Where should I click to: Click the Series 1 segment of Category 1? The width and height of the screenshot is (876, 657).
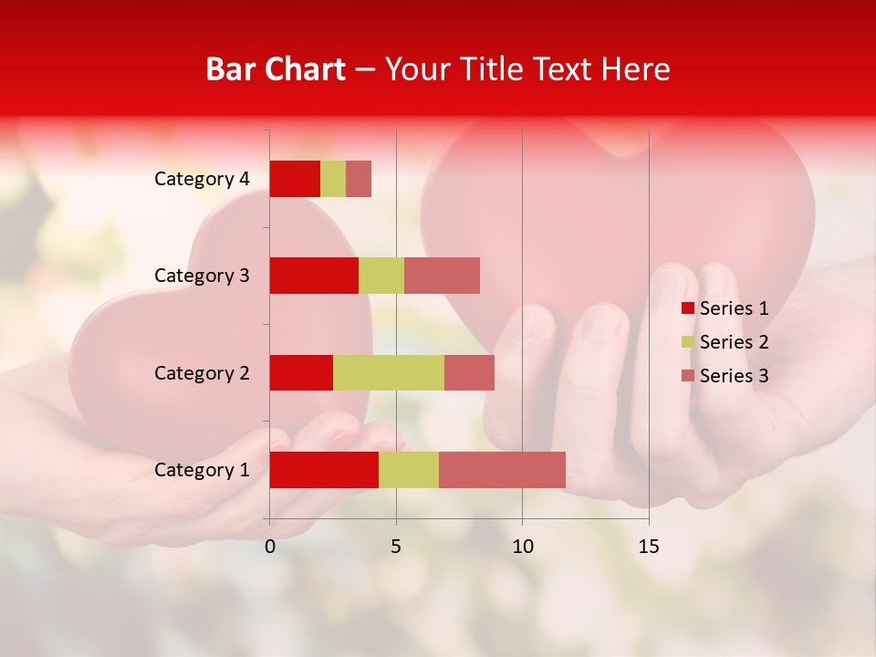pos(324,470)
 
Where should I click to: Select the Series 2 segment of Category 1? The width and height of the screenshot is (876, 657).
pos(409,470)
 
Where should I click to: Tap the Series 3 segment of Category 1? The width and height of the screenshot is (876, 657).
pos(502,470)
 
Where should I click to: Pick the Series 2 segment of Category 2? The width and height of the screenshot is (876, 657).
pos(389,372)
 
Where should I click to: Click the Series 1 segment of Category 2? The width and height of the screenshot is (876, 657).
pos(301,372)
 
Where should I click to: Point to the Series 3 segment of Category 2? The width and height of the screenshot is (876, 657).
pos(469,372)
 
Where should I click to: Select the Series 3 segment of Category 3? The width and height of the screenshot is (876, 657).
pos(442,276)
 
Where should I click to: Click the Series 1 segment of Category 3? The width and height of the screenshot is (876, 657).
pos(314,276)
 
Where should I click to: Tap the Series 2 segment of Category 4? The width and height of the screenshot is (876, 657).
pos(333,179)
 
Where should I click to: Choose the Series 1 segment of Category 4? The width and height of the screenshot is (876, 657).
pos(295,179)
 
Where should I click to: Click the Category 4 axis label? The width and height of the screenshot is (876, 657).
pos(202,179)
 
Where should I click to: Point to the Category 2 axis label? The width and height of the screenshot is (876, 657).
pos(202,372)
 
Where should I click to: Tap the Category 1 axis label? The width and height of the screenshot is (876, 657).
pos(202,470)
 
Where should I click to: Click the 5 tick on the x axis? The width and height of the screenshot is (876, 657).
pos(396,547)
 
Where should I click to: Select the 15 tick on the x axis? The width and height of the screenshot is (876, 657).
pos(649,547)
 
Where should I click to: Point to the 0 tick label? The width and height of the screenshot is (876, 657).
pos(270,547)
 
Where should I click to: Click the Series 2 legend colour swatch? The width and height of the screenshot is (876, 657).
pos(688,342)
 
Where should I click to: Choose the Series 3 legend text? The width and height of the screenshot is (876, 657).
pos(734,376)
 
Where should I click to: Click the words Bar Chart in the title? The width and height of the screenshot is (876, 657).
pos(276,69)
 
